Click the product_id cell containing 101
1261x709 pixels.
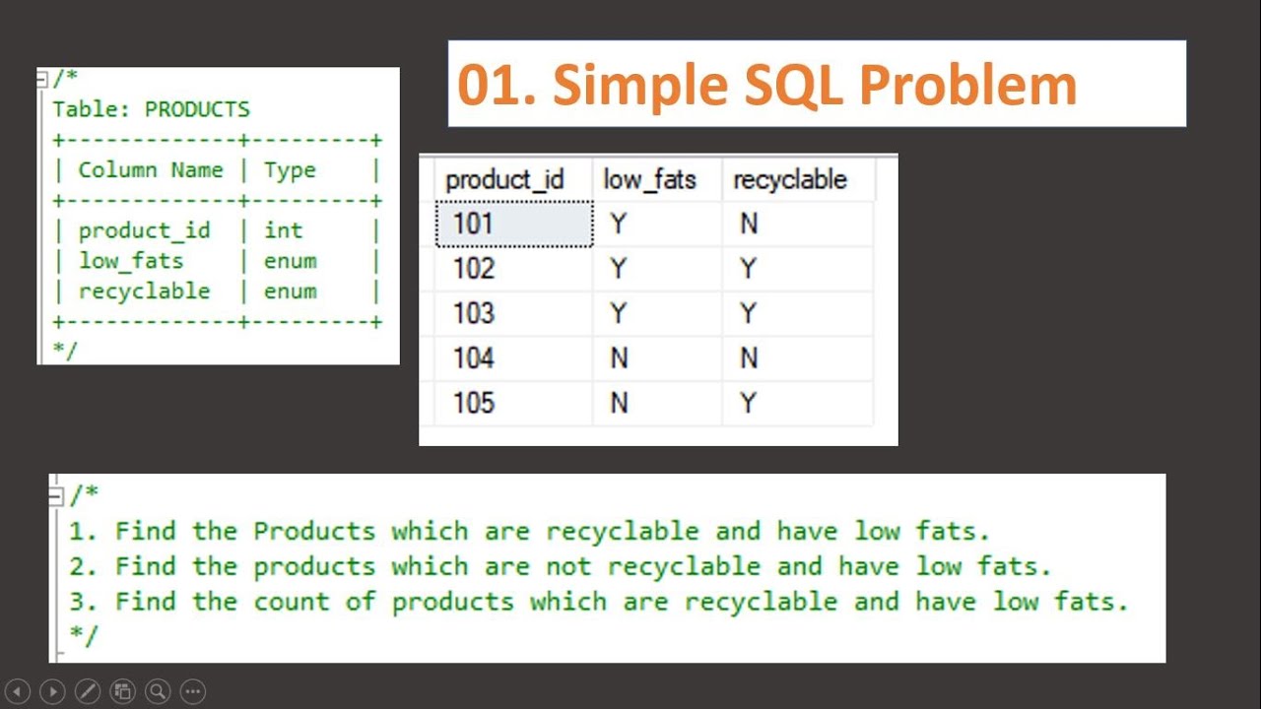[513, 225]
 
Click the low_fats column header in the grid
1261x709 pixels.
[649, 180]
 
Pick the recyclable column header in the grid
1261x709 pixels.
[790, 180]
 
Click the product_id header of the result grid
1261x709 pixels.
[504, 180]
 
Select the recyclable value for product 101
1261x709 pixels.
[749, 225]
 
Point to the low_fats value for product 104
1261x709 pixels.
[619, 358]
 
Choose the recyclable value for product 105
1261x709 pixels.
[749, 403]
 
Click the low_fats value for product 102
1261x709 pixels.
[619, 269]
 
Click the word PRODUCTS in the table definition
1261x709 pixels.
[197, 109]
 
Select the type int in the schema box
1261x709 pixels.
[283, 230]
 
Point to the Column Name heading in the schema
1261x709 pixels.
[151, 170]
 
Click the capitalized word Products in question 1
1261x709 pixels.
[314, 531]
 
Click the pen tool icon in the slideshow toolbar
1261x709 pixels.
[87, 691]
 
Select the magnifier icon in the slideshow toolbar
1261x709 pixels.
[158, 691]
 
